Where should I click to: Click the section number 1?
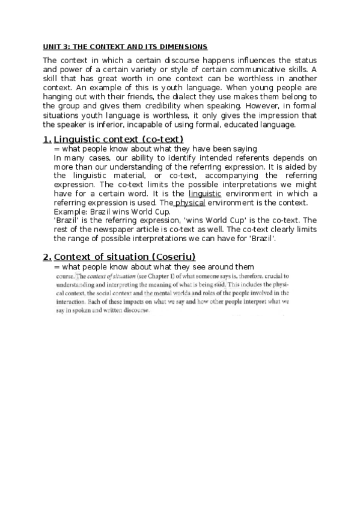click(x=47, y=140)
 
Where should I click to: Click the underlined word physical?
click(x=189, y=203)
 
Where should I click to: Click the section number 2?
click(x=47, y=257)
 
